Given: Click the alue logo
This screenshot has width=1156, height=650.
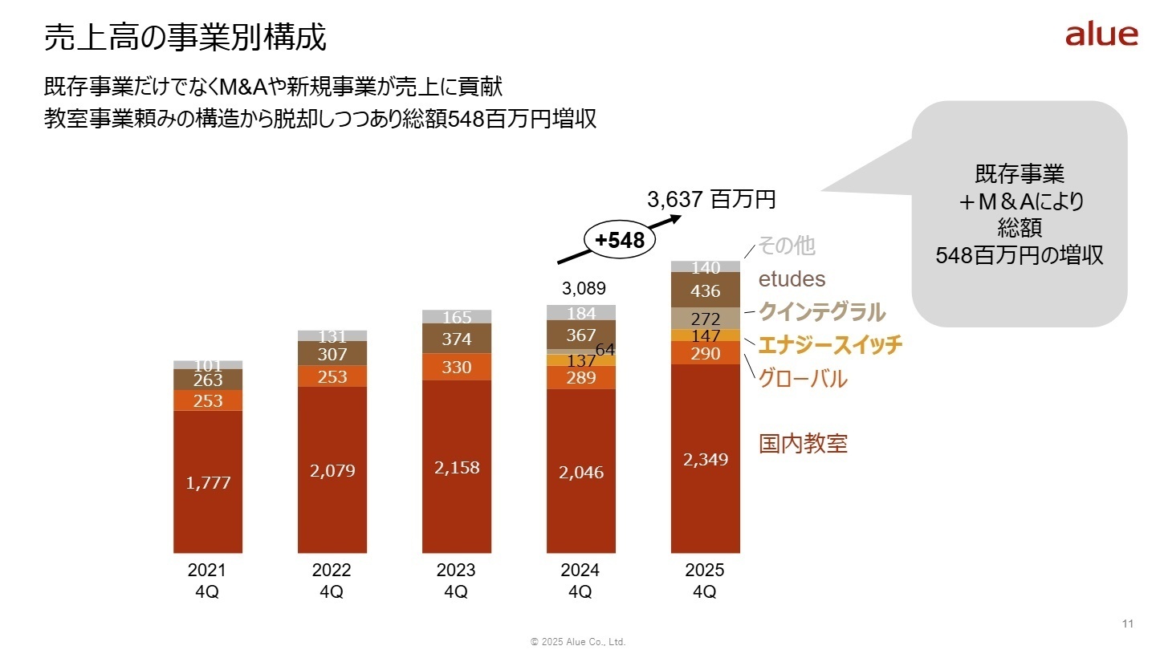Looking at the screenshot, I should point(1101,35).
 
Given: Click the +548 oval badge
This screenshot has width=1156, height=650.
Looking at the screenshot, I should point(619,240).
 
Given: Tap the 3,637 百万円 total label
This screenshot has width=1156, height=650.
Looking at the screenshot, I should point(712,200).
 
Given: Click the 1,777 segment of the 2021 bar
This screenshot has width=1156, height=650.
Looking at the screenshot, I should point(208,482).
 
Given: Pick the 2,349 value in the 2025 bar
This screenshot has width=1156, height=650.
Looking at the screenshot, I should point(706,460).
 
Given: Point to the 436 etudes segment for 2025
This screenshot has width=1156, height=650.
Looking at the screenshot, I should point(706,290).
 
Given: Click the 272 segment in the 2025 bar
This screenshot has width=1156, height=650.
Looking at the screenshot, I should point(706,319).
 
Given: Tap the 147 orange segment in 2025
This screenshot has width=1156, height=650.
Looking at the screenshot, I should point(706,335).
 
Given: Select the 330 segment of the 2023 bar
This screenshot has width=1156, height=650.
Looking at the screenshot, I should point(457,367).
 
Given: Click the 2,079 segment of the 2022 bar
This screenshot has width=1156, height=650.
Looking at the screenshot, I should point(332,470).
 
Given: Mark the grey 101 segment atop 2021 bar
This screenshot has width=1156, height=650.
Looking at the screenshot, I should point(208,365).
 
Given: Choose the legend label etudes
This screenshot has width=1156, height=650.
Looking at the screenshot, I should point(792,278).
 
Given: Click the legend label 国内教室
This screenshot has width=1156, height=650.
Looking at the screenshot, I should point(803,443).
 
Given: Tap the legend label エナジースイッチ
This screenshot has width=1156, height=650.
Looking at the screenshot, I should point(830,345).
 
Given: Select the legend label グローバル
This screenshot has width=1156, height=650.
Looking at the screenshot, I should point(803,379).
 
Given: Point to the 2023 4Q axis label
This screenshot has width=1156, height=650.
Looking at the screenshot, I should point(456,581).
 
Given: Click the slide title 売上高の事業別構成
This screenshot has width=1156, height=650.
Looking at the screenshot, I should point(185,37).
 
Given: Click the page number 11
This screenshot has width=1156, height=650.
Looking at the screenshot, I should point(1127,624).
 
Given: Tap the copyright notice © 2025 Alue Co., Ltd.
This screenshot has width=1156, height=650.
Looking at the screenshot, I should point(578,642).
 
